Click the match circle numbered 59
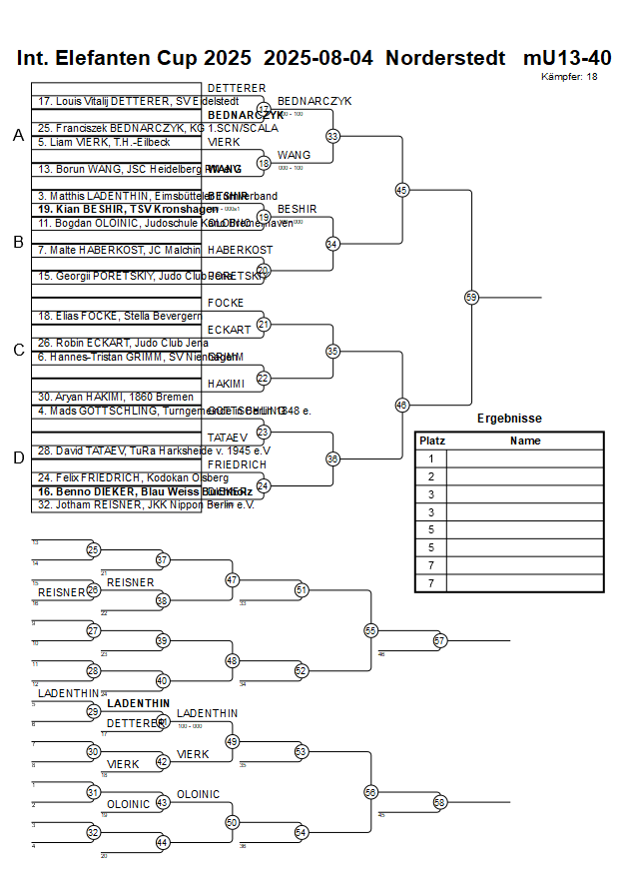point(471,297)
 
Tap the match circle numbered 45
point(402,189)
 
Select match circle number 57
point(439,640)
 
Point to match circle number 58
point(439,802)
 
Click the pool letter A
point(18,136)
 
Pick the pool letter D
point(18,457)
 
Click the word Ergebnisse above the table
point(509,419)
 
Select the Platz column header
point(432,441)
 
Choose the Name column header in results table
point(525,441)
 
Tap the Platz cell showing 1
point(432,458)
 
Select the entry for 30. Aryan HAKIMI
point(102,397)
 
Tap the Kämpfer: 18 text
point(570,76)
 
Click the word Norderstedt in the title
point(445,58)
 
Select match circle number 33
point(332,136)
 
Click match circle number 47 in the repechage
point(232,579)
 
